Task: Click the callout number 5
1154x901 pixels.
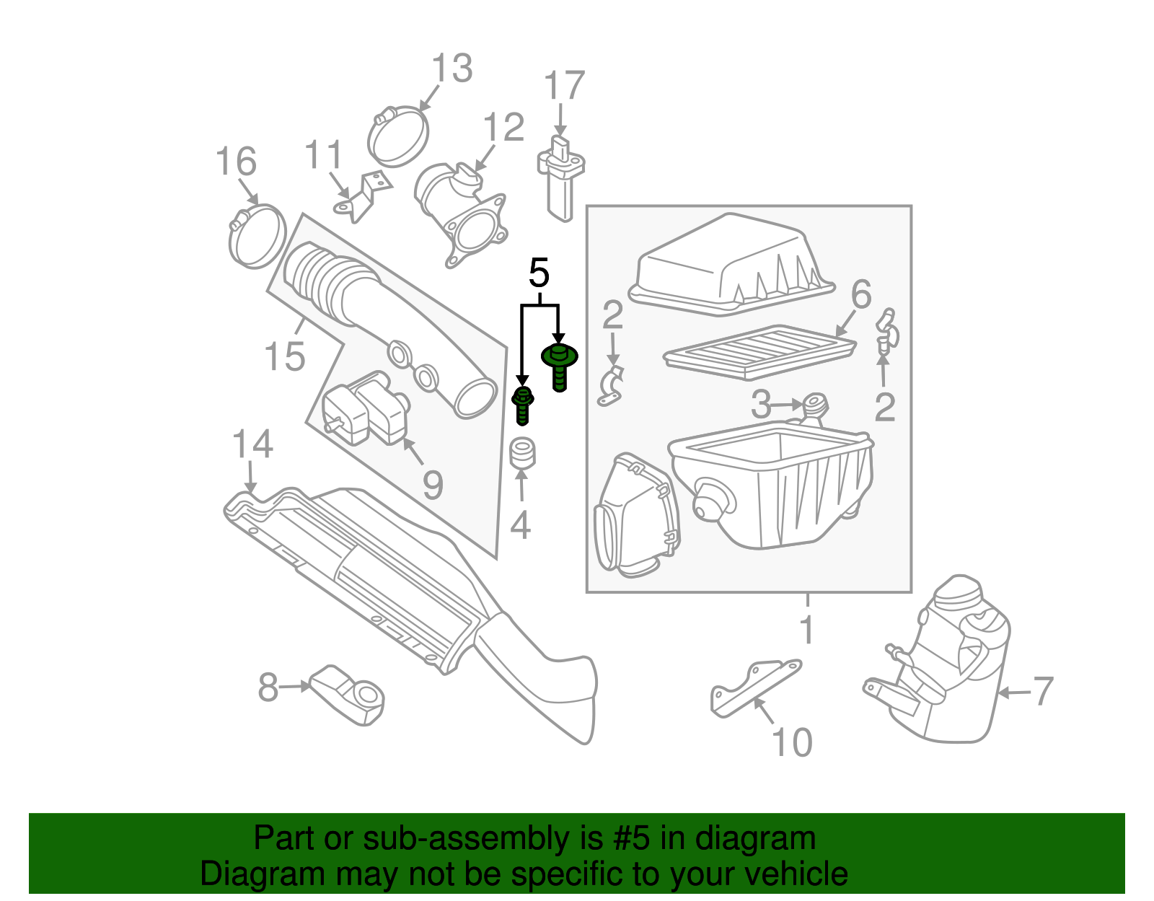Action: point(539,273)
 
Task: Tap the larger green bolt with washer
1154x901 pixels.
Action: point(560,365)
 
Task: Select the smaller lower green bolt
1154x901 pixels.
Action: point(523,405)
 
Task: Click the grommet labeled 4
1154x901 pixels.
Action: point(521,452)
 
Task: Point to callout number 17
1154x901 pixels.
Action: point(563,86)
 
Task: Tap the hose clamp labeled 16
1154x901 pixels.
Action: point(257,235)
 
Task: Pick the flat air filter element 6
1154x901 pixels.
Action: point(759,353)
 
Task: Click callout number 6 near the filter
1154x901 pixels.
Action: point(861,294)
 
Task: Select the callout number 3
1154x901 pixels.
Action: point(761,405)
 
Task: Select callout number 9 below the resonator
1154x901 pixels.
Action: point(432,485)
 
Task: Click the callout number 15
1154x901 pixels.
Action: point(284,356)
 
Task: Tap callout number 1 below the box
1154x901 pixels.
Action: point(807,630)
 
